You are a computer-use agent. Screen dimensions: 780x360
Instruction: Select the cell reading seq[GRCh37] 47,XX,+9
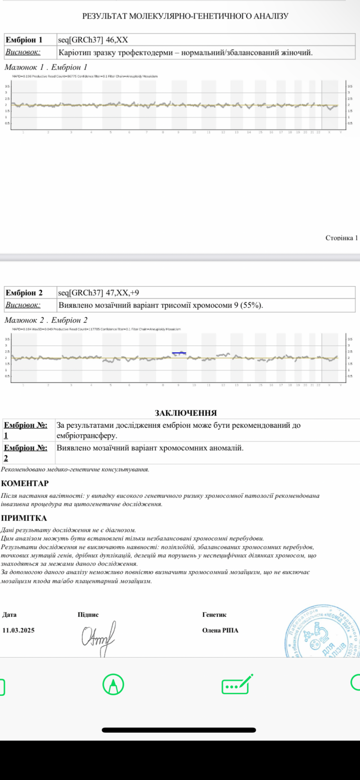(x=99, y=293)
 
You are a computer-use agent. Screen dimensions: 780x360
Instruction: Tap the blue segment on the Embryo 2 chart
(x=179, y=353)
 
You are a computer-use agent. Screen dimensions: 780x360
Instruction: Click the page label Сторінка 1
(x=341, y=238)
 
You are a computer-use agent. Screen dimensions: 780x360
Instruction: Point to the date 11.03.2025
(x=19, y=630)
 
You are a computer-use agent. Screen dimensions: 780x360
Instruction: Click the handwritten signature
(x=99, y=636)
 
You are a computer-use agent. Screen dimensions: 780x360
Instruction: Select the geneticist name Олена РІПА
(x=220, y=630)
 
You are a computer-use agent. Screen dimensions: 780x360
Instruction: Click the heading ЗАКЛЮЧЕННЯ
(x=186, y=413)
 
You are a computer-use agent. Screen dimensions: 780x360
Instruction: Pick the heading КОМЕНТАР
(x=25, y=483)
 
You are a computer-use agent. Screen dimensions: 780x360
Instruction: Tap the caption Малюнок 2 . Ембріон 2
(x=46, y=320)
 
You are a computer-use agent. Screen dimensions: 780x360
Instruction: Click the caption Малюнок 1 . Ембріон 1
(x=46, y=67)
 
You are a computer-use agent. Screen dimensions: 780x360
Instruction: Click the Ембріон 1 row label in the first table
(x=24, y=40)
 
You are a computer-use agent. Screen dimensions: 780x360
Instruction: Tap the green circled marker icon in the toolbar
(x=113, y=684)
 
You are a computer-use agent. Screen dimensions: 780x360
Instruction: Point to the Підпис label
(x=88, y=615)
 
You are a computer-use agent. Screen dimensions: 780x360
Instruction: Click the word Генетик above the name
(x=214, y=615)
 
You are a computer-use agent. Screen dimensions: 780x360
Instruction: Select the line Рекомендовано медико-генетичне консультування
(x=75, y=470)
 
